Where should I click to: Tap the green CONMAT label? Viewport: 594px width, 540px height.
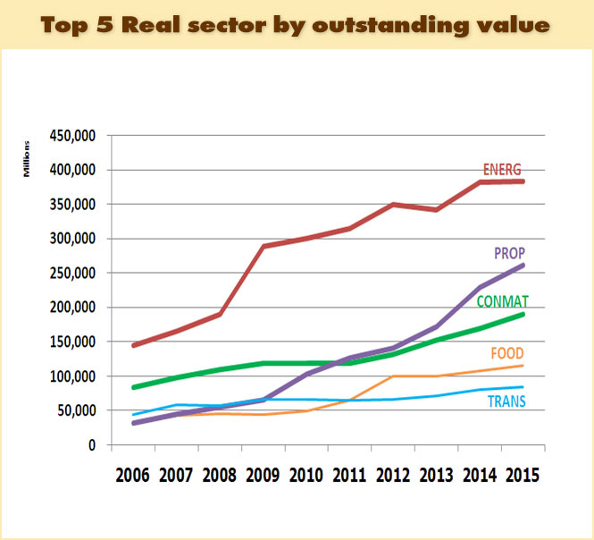click(x=501, y=302)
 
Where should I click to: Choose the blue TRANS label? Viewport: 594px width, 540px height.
click(x=506, y=401)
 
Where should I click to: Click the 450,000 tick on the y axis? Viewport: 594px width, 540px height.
click(x=73, y=136)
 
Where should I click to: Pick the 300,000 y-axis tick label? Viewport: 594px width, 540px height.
click(x=73, y=239)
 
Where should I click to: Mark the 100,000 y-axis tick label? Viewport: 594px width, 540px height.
click(x=73, y=376)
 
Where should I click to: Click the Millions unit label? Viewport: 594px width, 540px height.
click(x=27, y=157)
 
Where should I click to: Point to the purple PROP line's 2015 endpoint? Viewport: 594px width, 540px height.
click(x=523, y=266)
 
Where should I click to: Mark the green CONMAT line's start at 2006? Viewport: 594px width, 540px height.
click(x=134, y=387)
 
